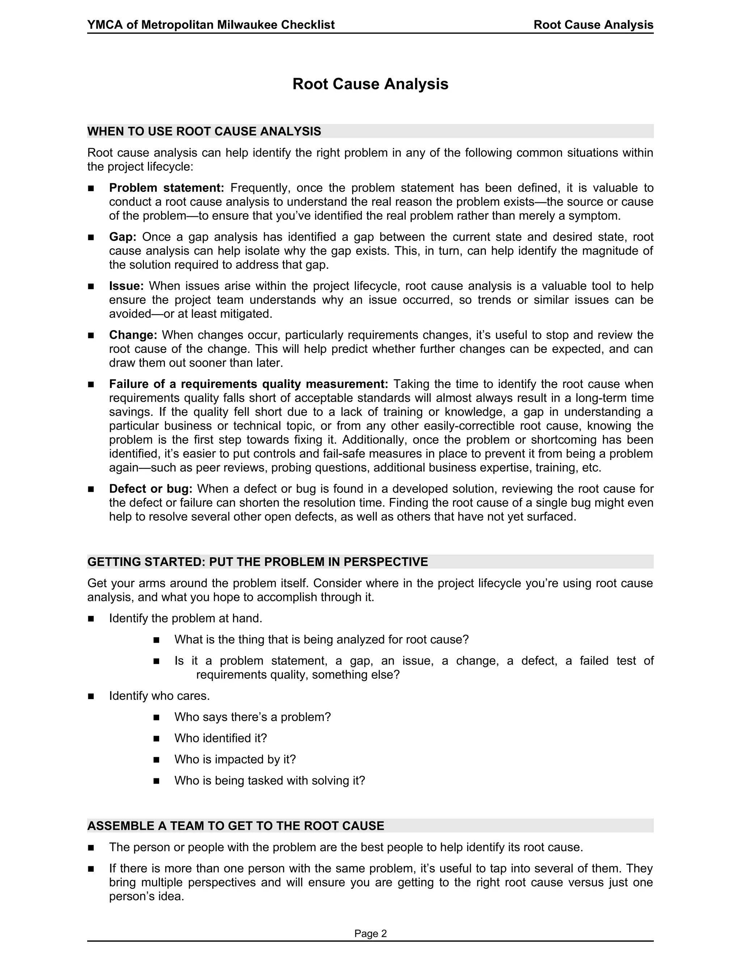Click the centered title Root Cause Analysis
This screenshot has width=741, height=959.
370,84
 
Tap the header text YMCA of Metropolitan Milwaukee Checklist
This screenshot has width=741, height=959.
211,25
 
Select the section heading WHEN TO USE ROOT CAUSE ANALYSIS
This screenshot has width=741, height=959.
204,131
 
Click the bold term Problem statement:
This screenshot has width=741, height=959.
166,188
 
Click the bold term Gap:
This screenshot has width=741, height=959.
123,237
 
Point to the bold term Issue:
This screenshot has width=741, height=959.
126,286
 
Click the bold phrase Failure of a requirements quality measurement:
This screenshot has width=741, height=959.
249,384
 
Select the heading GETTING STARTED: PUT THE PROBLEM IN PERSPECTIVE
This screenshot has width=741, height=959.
257,562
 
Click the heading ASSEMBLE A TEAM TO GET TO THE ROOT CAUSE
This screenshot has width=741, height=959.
236,826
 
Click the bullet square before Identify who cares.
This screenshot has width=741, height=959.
91,696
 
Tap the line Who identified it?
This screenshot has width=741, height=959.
220,738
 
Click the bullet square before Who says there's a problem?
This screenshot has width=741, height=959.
156,718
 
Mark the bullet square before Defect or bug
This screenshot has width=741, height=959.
91,489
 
